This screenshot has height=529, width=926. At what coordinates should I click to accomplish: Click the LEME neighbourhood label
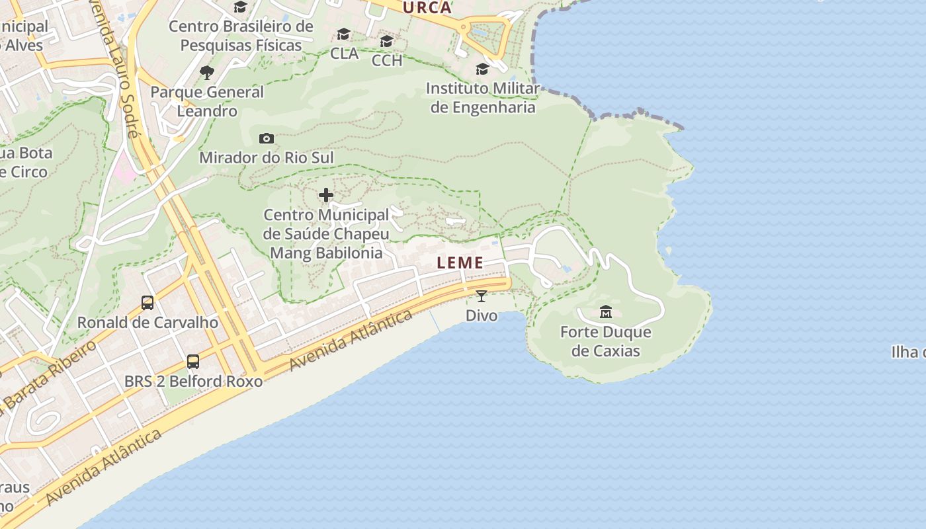click(460, 263)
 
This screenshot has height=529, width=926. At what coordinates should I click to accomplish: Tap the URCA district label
click(427, 8)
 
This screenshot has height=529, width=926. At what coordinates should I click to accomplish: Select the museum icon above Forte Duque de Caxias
click(605, 311)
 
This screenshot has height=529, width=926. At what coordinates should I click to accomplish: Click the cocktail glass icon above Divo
click(482, 296)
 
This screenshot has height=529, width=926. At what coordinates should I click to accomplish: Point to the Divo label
click(482, 315)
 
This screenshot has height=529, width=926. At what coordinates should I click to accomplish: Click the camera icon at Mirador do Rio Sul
click(267, 138)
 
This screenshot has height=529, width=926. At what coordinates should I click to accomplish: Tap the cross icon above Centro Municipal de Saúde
click(326, 195)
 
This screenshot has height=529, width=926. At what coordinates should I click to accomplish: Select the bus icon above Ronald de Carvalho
click(147, 303)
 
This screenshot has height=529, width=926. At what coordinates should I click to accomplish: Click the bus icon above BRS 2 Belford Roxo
click(193, 362)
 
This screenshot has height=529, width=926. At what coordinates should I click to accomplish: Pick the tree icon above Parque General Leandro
click(207, 72)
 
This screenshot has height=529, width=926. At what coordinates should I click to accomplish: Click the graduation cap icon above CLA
click(344, 34)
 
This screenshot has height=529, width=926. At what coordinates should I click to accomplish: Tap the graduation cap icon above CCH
click(387, 41)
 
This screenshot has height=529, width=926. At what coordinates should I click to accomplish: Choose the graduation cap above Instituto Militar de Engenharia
click(483, 69)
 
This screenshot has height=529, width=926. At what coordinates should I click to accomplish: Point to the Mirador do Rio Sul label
click(267, 157)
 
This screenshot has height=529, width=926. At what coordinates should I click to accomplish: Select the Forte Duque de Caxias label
click(606, 341)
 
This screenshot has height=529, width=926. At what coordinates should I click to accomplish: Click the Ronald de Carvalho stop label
click(147, 323)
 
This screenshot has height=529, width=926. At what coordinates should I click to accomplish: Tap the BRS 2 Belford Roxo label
click(193, 382)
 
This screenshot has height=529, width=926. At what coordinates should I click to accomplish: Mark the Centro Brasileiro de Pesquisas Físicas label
click(241, 36)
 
